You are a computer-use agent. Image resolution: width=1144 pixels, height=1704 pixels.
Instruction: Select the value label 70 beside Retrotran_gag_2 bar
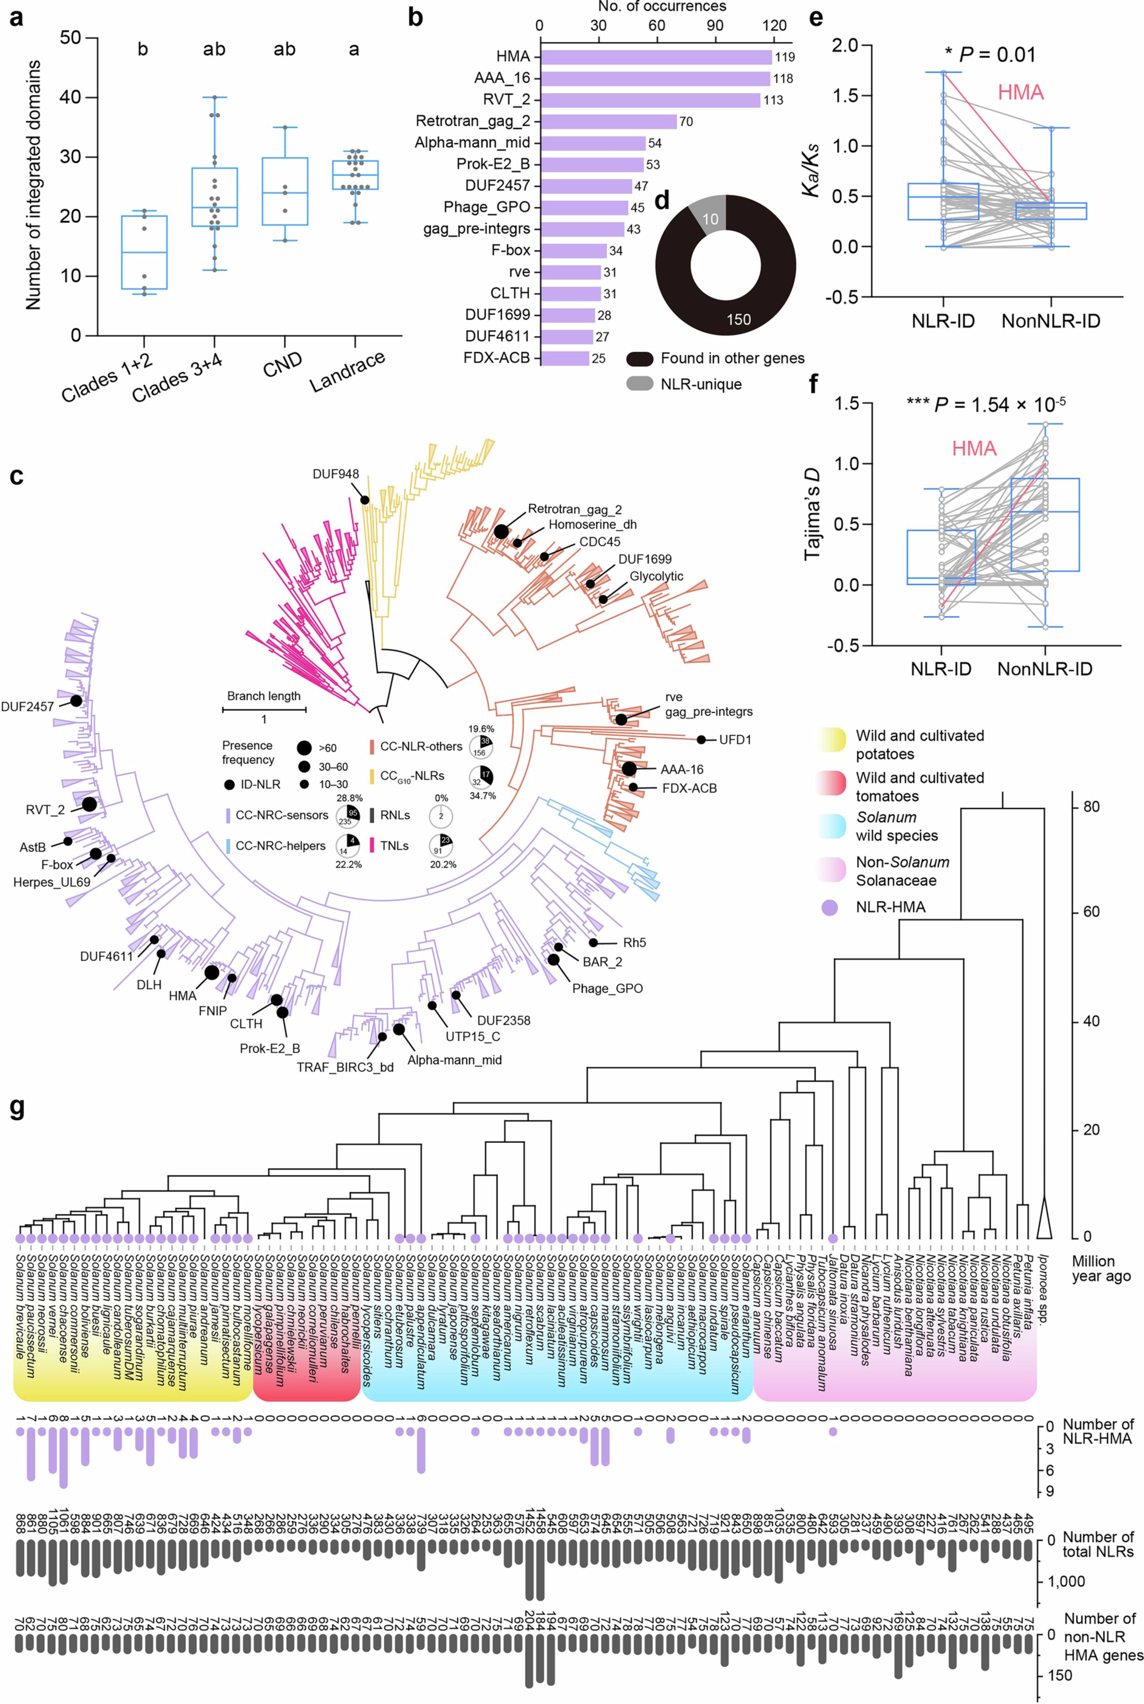tap(686, 122)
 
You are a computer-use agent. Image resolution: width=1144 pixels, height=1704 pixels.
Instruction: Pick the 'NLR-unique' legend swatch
tap(639, 383)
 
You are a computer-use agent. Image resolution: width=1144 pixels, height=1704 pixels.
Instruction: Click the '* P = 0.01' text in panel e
tap(990, 55)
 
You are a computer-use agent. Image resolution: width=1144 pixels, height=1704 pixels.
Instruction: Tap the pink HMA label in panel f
tap(974, 448)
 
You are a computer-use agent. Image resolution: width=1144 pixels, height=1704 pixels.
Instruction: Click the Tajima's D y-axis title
tap(812, 514)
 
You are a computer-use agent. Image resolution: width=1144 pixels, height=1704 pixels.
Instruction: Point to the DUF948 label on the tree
tap(336, 474)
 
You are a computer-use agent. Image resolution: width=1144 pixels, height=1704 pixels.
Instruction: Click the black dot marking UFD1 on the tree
tap(701, 739)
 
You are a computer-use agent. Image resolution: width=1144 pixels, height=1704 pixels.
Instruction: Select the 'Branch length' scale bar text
tap(263, 696)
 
